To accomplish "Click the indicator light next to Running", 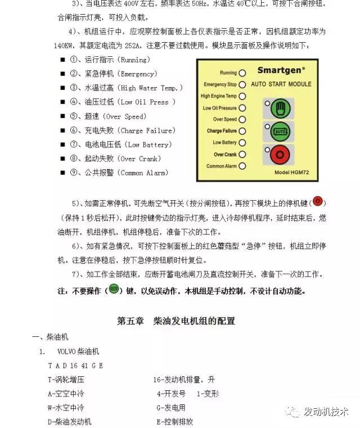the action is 242,73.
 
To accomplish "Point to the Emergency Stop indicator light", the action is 242,85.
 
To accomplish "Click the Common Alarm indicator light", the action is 242,166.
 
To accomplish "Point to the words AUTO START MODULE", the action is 281,84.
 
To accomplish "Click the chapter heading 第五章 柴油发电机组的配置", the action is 176,321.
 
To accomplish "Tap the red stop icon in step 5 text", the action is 318,202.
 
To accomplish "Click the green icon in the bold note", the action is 114,290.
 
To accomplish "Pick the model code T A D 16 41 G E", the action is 75,366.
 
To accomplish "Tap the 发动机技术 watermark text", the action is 326,412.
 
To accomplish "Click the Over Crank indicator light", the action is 242,155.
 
